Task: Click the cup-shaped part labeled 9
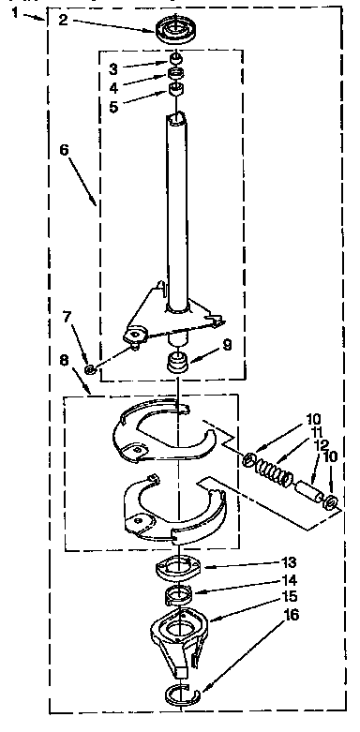point(177,361)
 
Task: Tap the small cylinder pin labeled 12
point(308,490)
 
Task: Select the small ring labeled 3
point(174,66)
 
